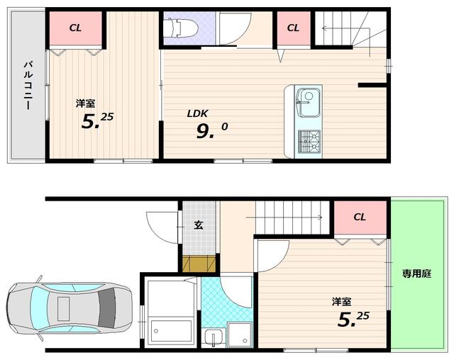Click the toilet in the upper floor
[x=181, y=28]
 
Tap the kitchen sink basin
[x=308, y=103]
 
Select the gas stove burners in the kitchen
[x=309, y=141]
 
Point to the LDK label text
[x=197, y=113]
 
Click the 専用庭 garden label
[x=416, y=274]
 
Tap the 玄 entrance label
[x=199, y=225]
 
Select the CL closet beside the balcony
[x=76, y=28]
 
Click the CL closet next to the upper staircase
[x=294, y=28]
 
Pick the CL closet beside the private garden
[x=360, y=217]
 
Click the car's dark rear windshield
[x=107, y=308]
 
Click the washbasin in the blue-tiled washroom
[x=214, y=337]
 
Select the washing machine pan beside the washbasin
[x=239, y=335]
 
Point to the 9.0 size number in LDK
[x=211, y=130]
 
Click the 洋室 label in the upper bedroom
[x=86, y=103]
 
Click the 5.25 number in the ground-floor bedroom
[x=353, y=319]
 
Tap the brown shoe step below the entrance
[x=199, y=264]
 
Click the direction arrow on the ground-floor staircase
[x=284, y=217]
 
